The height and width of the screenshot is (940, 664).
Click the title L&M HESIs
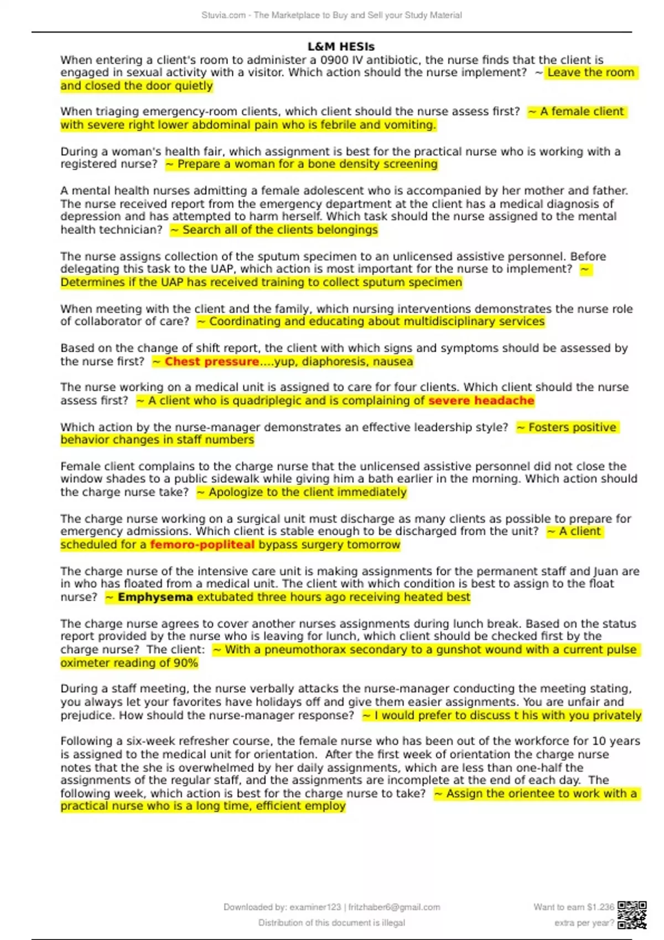point(341,47)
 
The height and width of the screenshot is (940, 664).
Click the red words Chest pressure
point(211,362)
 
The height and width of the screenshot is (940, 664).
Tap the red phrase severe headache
point(481,401)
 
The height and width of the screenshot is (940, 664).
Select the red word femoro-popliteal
point(202,545)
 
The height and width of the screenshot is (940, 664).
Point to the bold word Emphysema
point(155,597)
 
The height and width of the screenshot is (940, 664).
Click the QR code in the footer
point(632,915)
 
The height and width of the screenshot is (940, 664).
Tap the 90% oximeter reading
point(185,663)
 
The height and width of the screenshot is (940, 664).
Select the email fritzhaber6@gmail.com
point(394,907)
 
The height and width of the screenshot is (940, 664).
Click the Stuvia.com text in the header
point(224,15)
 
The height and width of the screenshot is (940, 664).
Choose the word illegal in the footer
point(392,923)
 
